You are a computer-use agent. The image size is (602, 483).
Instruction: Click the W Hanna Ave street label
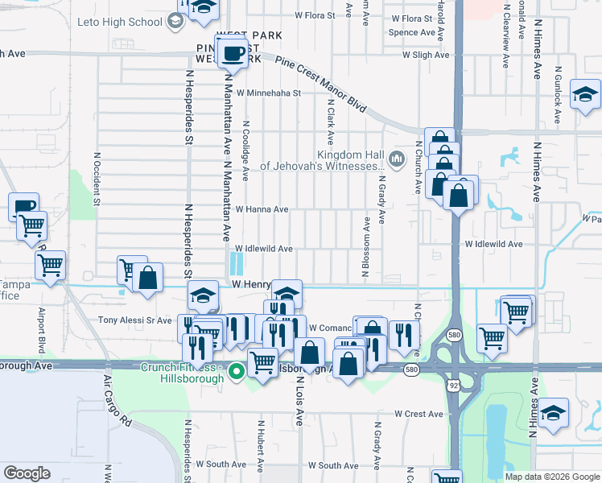[x=262, y=209]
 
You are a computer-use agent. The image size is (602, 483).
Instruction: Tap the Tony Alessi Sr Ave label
[x=135, y=320]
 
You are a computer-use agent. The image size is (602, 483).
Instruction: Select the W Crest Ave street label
[x=419, y=414]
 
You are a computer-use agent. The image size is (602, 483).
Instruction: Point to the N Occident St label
[x=96, y=179]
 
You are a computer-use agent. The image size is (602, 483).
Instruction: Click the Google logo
[x=27, y=473]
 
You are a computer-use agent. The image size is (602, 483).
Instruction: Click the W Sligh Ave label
[x=427, y=55]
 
